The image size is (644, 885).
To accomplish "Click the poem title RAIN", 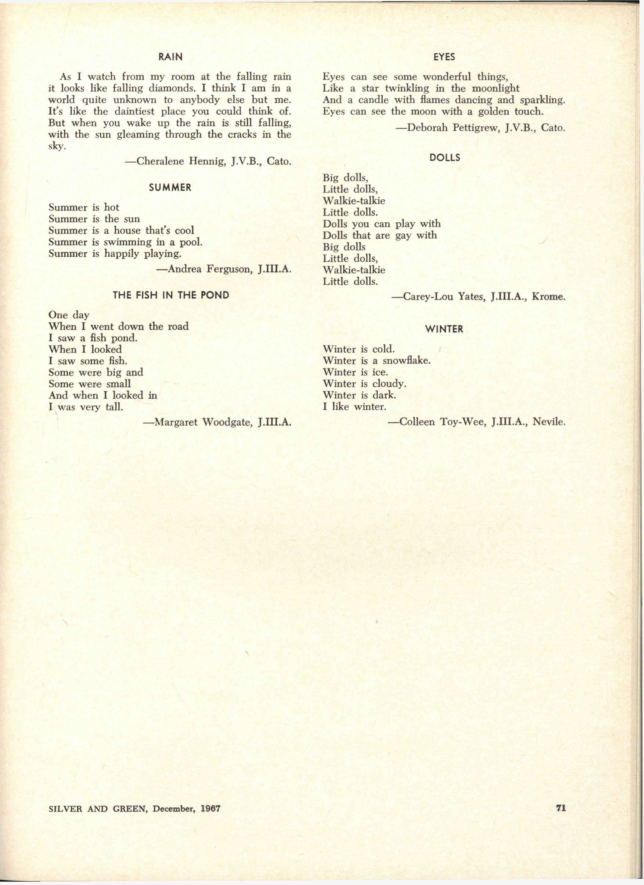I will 170,57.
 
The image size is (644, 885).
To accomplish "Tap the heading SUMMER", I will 170,188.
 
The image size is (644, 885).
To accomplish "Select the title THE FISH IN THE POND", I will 171,295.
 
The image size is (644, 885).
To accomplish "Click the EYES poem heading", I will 444,57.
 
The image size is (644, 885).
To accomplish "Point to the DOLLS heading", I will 444,158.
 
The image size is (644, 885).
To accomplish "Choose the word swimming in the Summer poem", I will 128,242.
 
